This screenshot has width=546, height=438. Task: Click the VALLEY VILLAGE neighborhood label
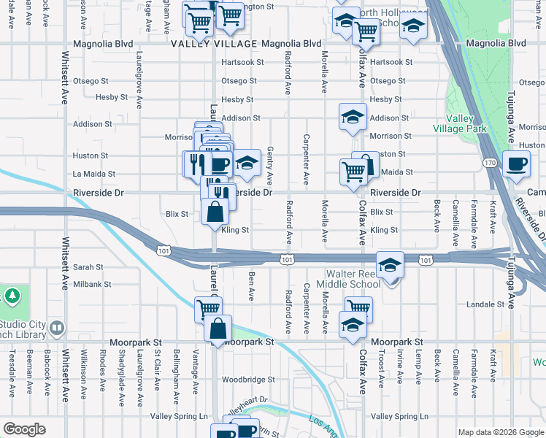tap(214, 44)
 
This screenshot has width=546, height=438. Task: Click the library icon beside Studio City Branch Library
tap(56, 331)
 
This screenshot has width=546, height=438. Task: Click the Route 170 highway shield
tap(489, 162)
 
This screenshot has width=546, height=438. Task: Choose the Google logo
tap(25, 429)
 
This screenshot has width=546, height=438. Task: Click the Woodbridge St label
tap(248, 380)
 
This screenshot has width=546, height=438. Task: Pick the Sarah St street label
tap(88, 268)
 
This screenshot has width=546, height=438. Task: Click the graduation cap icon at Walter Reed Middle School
tap(391, 265)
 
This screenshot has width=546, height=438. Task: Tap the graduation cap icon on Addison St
tap(353, 117)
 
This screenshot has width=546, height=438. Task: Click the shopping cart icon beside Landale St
tap(358, 310)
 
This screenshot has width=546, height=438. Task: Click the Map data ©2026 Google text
tap(500, 432)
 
